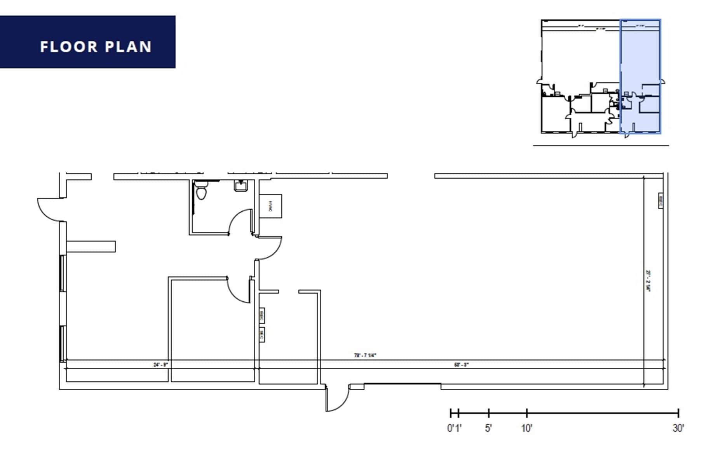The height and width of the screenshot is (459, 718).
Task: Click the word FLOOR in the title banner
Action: pyautogui.click(x=69, y=47)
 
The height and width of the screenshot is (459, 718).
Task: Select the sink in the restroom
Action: pyautogui.click(x=241, y=186)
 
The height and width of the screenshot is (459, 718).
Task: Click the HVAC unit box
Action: pyautogui.click(x=270, y=206)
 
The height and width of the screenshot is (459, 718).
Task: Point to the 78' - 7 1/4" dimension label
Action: pyautogui.click(x=365, y=355)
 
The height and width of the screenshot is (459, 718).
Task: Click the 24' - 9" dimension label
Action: pyautogui.click(x=160, y=365)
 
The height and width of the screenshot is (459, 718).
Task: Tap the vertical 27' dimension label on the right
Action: pyautogui.click(x=648, y=281)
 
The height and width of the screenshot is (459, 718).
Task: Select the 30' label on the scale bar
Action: pyautogui.click(x=678, y=428)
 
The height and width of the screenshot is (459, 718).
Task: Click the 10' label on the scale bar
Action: pyautogui.click(x=526, y=428)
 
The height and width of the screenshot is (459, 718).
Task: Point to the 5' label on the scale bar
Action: pyautogui.click(x=488, y=428)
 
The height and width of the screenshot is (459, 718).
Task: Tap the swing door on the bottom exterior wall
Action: pyautogui.click(x=337, y=398)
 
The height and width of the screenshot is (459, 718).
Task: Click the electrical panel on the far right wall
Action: pyautogui.click(x=660, y=200)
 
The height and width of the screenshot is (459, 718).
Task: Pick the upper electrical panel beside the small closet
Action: pyautogui.click(x=262, y=316)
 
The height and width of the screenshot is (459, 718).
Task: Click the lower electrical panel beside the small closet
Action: pyautogui.click(x=262, y=335)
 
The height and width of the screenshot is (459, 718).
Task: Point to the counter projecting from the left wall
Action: pyautogui.click(x=91, y=247)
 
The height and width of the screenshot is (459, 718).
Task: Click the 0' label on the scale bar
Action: pyautogui.click(x=450, y=428)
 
